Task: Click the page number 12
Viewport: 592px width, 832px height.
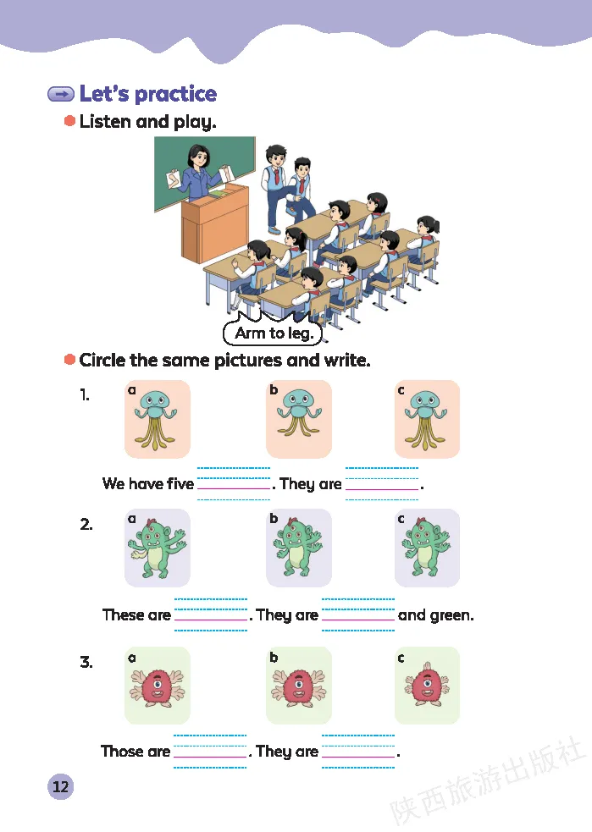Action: [60, 786]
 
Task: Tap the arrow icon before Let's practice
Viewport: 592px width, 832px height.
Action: [61, 94]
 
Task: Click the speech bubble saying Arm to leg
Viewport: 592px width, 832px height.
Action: [274, 333]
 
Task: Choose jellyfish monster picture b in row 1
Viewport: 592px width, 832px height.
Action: [299, 419]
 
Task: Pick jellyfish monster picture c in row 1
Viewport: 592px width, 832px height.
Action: [427, 419]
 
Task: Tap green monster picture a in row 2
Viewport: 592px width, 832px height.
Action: [158, 548]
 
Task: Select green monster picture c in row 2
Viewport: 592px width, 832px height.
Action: [427, 548]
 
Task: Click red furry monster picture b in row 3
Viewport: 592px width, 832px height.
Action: [299, 686]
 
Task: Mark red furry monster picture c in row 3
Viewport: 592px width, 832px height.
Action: [427, 686]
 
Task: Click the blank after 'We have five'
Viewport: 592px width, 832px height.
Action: [234, 483]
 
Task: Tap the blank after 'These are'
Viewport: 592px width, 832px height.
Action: [211, 614]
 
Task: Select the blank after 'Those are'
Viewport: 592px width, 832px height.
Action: [210, 751]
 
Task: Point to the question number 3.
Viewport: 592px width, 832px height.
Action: [86, 662]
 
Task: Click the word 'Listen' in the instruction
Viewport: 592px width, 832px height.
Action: [105, 122]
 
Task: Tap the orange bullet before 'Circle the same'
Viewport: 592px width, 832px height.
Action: [70, 360]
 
